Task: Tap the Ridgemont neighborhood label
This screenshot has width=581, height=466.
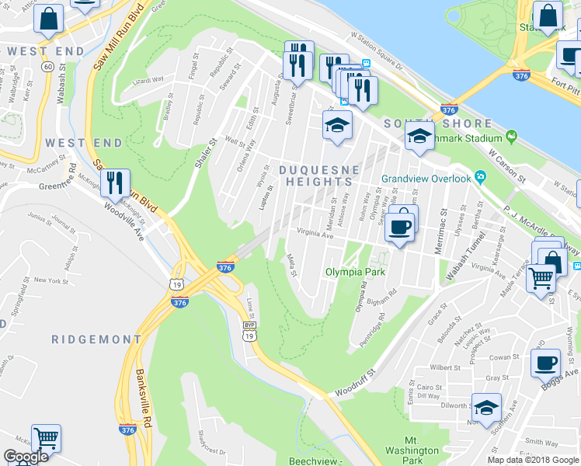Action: (x=96, y=339)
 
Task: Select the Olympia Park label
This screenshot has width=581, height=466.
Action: (x=355, y=273)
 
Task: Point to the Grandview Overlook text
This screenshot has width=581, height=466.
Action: (x=426, y=179)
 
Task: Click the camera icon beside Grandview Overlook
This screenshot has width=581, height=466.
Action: (x=481, y=178)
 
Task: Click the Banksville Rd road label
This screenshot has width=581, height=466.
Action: (x=140, y=388)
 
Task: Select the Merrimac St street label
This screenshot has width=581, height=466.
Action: (x=443, y=227)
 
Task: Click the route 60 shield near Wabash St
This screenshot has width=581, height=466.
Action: (x=47, y=67)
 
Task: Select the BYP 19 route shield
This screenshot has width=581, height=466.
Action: (x=249, y=331)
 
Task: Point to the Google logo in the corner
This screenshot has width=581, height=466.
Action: (x=25, y=457)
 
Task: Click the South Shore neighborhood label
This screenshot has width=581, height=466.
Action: (x=449, y=124)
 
